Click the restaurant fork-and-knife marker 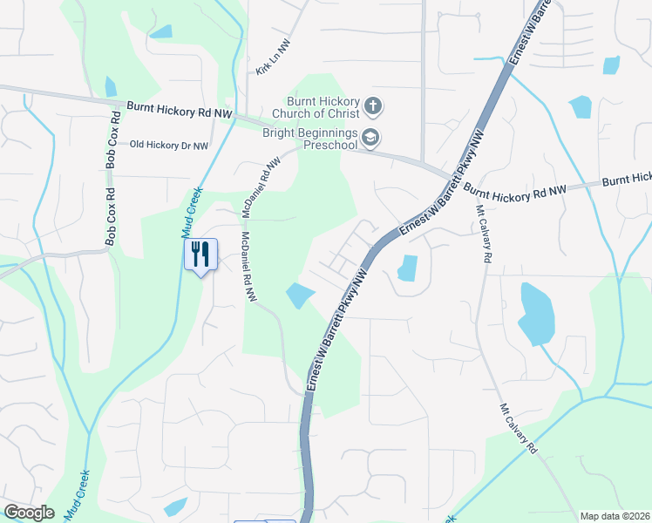(200, 255)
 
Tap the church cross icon (372, 107)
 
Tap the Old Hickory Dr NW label (169, 146)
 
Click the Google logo (29, 513)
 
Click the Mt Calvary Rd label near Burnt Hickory (484, 234)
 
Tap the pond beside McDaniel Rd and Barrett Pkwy (299, 295)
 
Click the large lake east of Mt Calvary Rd (535, 314)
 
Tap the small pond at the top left (160, 32)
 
